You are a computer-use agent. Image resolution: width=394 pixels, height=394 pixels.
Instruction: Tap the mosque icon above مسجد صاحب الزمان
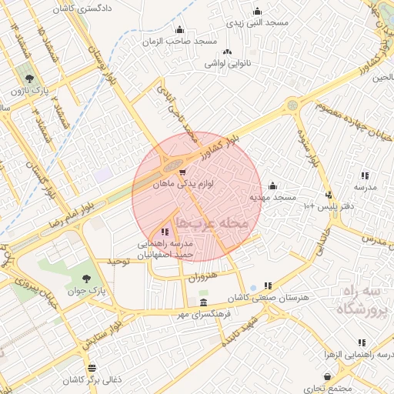180,30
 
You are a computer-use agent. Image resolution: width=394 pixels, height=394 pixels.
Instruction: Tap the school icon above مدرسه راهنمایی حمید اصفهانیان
164,232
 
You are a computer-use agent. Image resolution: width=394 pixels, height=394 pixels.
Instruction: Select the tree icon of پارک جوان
85,279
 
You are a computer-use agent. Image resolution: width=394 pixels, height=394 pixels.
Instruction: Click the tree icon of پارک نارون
29,78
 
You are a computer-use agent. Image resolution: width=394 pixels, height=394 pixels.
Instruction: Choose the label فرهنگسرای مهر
203,315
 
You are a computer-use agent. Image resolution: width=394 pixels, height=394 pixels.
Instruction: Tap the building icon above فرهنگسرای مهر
203,302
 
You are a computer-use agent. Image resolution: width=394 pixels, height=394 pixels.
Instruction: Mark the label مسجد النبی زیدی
255,23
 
